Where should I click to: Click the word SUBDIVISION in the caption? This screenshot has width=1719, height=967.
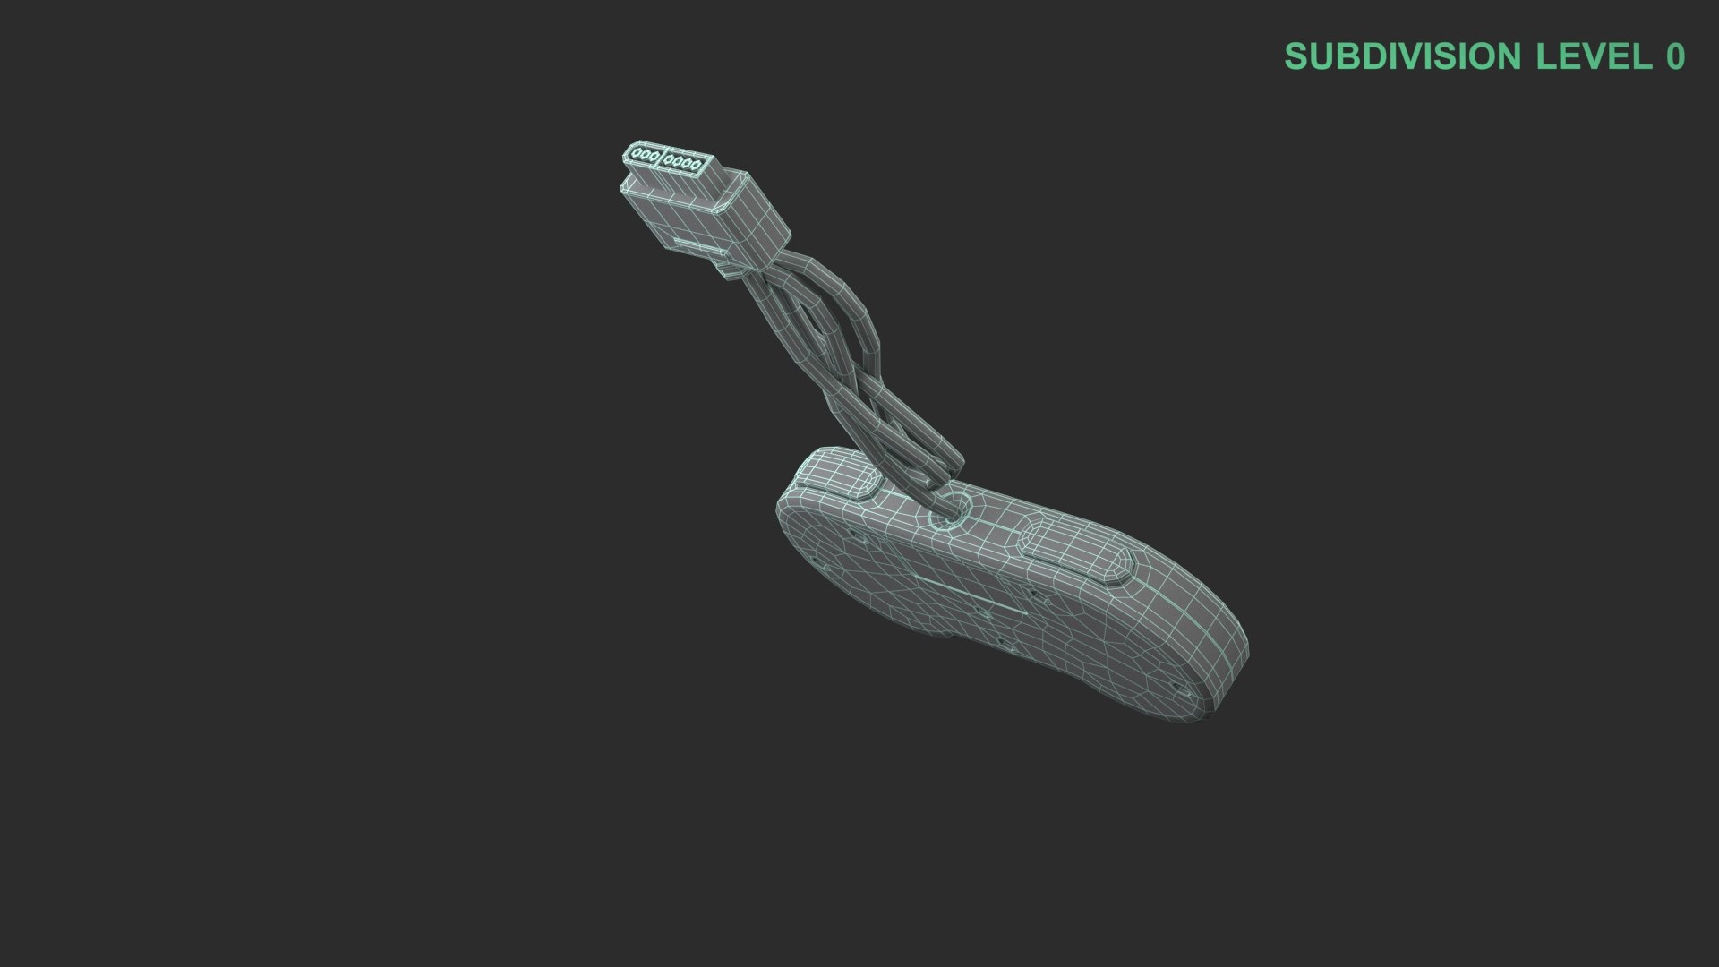click(1403, 56)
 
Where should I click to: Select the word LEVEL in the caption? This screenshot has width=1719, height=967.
click(1594, 56)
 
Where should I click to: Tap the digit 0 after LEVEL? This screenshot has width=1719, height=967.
click(1675, 56)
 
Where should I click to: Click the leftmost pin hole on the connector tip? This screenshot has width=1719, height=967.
click(637, 155)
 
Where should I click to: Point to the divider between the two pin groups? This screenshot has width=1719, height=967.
click(662, 159)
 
